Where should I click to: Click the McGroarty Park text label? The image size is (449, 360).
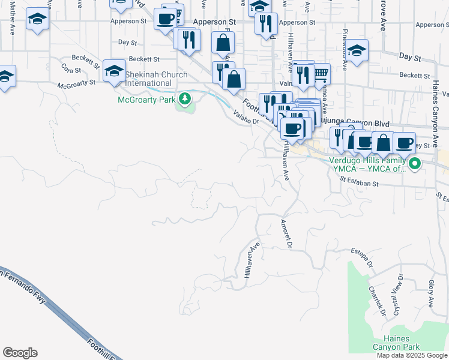[x=146, y=99]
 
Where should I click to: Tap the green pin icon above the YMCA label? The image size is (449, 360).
[x=414, y=163]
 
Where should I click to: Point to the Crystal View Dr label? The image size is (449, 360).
[x=397, y=296]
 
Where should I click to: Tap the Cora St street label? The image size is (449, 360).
[x=71, y=70]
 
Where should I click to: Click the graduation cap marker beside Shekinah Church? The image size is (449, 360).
[x=113, y=71]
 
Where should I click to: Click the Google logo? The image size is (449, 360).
[x=20, y=353]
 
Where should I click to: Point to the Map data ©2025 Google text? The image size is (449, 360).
[x=411, y=355]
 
